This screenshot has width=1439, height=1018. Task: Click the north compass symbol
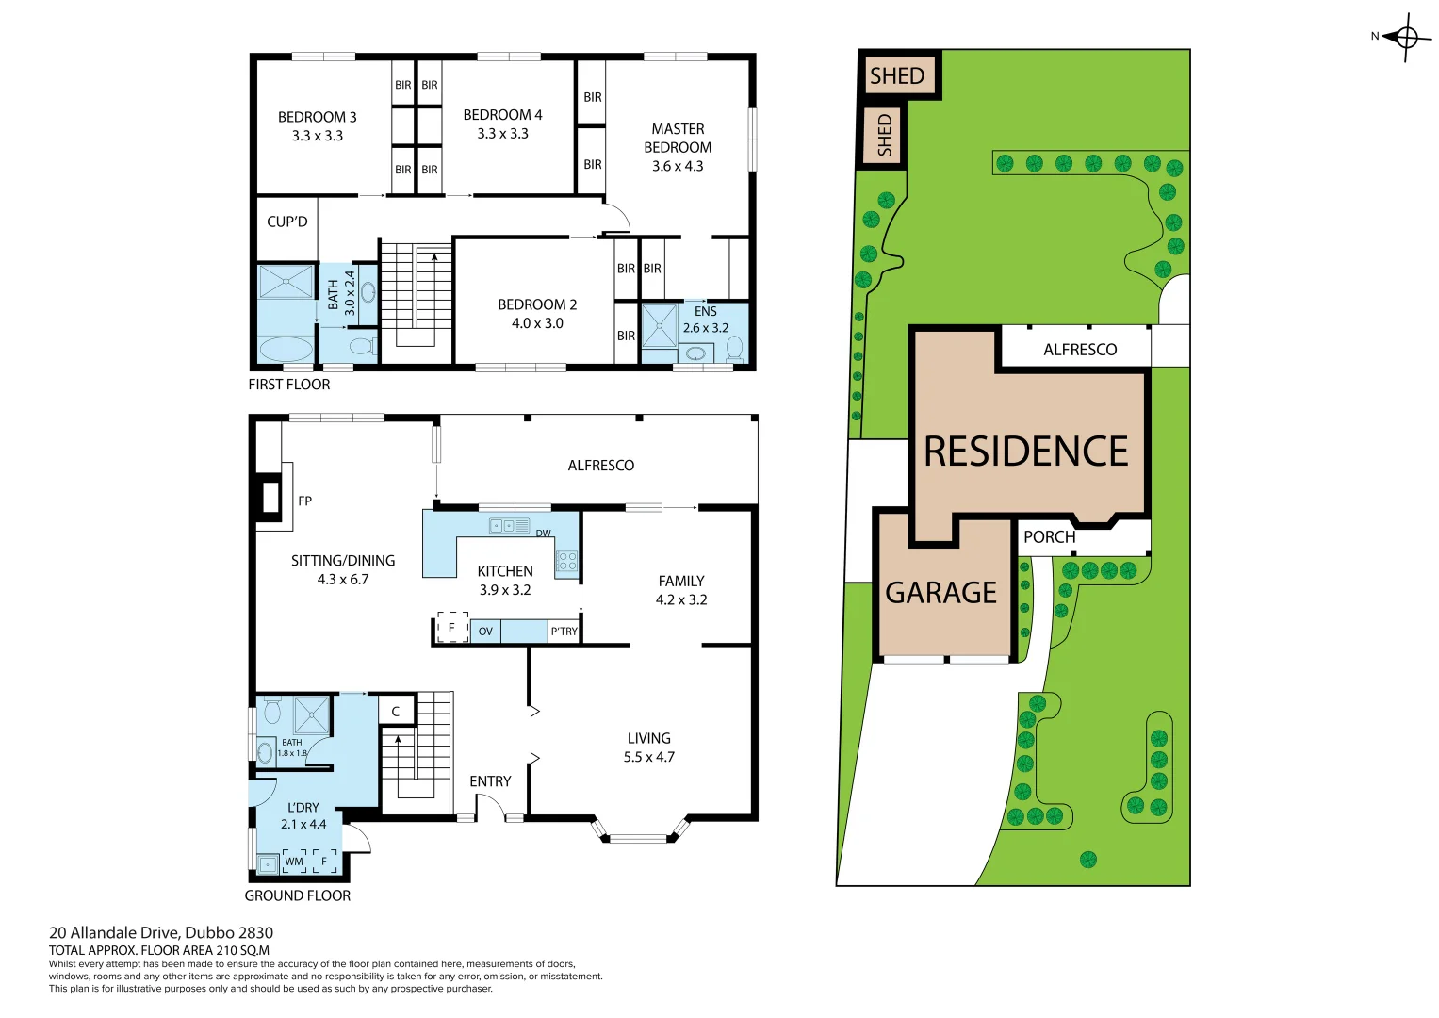(1406, 38)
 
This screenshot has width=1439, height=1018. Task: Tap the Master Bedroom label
(678, 139)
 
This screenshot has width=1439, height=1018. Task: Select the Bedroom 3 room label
(317, 118)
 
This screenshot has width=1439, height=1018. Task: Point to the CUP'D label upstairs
(286, 222)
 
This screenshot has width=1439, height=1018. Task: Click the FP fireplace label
(304, 501)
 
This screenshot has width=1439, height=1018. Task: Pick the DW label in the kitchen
(543, 534)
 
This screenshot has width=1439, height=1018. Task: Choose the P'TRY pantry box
(564, 632)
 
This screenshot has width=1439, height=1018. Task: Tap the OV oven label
(485, 632)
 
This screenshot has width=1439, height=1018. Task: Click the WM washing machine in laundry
(294, 862)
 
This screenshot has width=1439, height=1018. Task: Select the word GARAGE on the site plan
(940, 593)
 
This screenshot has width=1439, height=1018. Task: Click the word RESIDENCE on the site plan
(1025, 452)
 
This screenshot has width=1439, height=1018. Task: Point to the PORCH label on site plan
(1049, 537)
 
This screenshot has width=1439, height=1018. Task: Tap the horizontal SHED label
(897, 76)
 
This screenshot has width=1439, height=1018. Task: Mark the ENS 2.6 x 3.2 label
(706, 320)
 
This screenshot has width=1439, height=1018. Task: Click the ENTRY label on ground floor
(490, 781)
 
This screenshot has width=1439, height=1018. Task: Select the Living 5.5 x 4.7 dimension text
(649, 757)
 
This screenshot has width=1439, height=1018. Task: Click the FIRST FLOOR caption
(289, 385)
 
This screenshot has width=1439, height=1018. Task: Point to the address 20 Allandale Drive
(161, 932)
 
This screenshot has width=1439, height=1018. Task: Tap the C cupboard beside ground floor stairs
(396, 712)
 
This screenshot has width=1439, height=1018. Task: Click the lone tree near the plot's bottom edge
(1088, 859)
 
